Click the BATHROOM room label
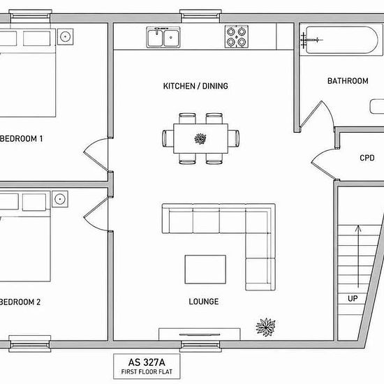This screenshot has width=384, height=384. coord(348,81)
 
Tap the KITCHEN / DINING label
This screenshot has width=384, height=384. coord(195,86)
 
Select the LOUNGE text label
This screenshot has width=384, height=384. coord(204,302)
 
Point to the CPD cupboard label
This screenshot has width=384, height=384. coord(367,158)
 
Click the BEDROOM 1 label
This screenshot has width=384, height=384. coord(22,139)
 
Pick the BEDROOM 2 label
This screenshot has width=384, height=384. coord(20,302)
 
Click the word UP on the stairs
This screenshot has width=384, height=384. coord(353,299)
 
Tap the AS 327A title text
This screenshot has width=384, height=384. coord(147,362)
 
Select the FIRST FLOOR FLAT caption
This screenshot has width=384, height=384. coord(147,371)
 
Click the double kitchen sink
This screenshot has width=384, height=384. coord(163,37)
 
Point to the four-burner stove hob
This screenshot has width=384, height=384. coord(236,37)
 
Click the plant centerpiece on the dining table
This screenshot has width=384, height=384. coord(200,139)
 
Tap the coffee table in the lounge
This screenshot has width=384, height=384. coord(205,269)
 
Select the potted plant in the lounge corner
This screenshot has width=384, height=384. coord(265,327)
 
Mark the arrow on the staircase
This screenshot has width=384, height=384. coord(358,256)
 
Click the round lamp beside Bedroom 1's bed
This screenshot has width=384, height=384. coord(65,37)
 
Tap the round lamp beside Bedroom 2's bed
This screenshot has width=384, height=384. coord(60,199)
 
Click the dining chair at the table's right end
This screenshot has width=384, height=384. coord(234,138)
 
